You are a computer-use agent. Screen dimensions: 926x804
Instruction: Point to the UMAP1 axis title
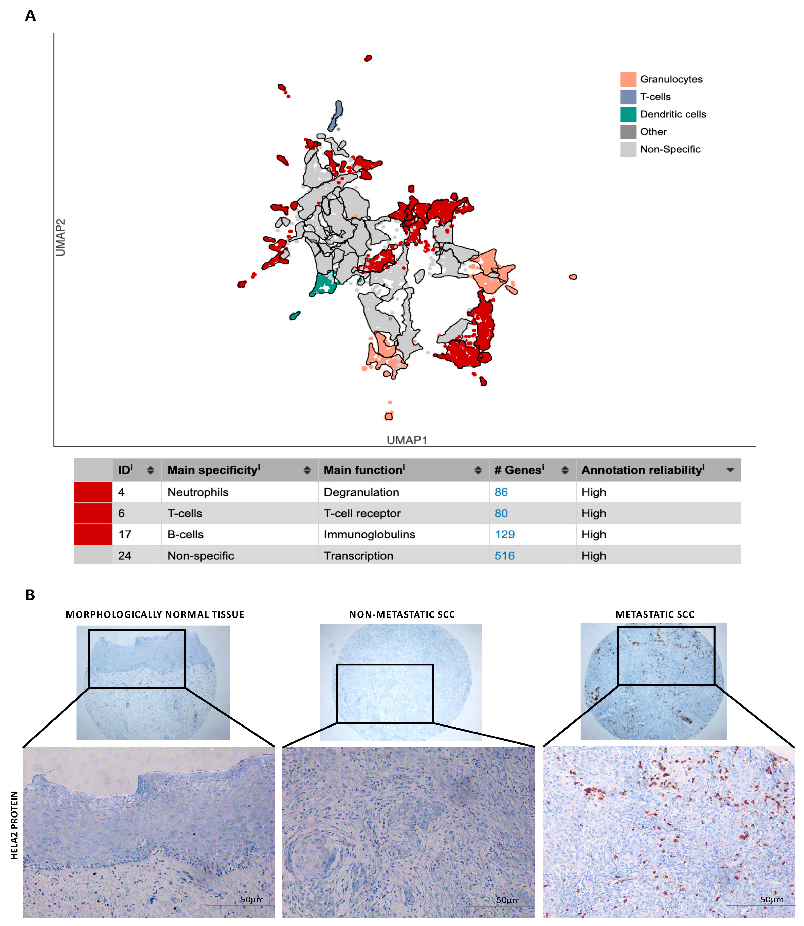click(x=407, y=440)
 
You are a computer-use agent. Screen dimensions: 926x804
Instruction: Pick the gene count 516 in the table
click(x=504, y=556)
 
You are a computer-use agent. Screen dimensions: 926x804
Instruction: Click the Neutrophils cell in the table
click(x=198, y=492)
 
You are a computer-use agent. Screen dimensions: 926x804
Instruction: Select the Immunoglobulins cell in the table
click(x=369, y=534)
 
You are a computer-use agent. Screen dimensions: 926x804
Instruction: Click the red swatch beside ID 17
click(x=93, y=534)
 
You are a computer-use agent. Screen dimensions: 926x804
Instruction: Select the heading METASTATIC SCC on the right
click(x=655, y=615)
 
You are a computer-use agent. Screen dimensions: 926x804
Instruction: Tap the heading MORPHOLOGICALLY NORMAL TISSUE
click(x=155, y=615)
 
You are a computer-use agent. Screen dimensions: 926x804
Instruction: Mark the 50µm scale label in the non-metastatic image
click(x=507, y=900)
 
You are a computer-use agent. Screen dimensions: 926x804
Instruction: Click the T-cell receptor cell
click(x=362, y=513)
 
